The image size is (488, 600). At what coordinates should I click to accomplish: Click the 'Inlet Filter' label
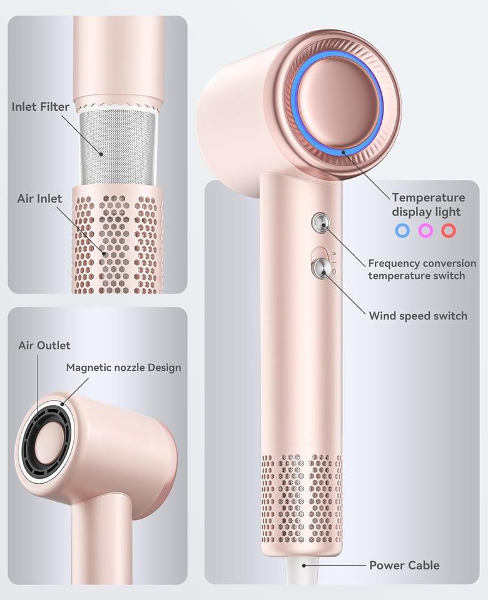[x=41, y=107]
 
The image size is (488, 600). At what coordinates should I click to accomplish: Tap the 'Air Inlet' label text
[x=40, y=199]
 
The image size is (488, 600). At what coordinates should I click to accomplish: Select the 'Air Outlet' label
[x=44, y=346]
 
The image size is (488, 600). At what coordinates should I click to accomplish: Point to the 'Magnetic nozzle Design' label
[x=123, y=367]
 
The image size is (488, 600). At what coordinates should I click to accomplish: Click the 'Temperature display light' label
[x=428, y=205]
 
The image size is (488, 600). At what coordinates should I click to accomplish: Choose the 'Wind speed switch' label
[x=417, y=316]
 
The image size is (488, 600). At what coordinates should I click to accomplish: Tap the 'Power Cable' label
[x=404, y=565]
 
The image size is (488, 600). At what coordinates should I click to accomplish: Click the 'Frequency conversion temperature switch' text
[x=422, y=269]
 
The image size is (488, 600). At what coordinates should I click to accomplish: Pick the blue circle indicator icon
[x=402, y=230]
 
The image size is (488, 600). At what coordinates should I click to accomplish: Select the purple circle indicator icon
[x=425, y=230]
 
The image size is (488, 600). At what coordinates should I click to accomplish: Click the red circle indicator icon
[x=448, y=230]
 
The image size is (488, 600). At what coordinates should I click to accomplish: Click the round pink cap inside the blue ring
[x=342, y=104]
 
